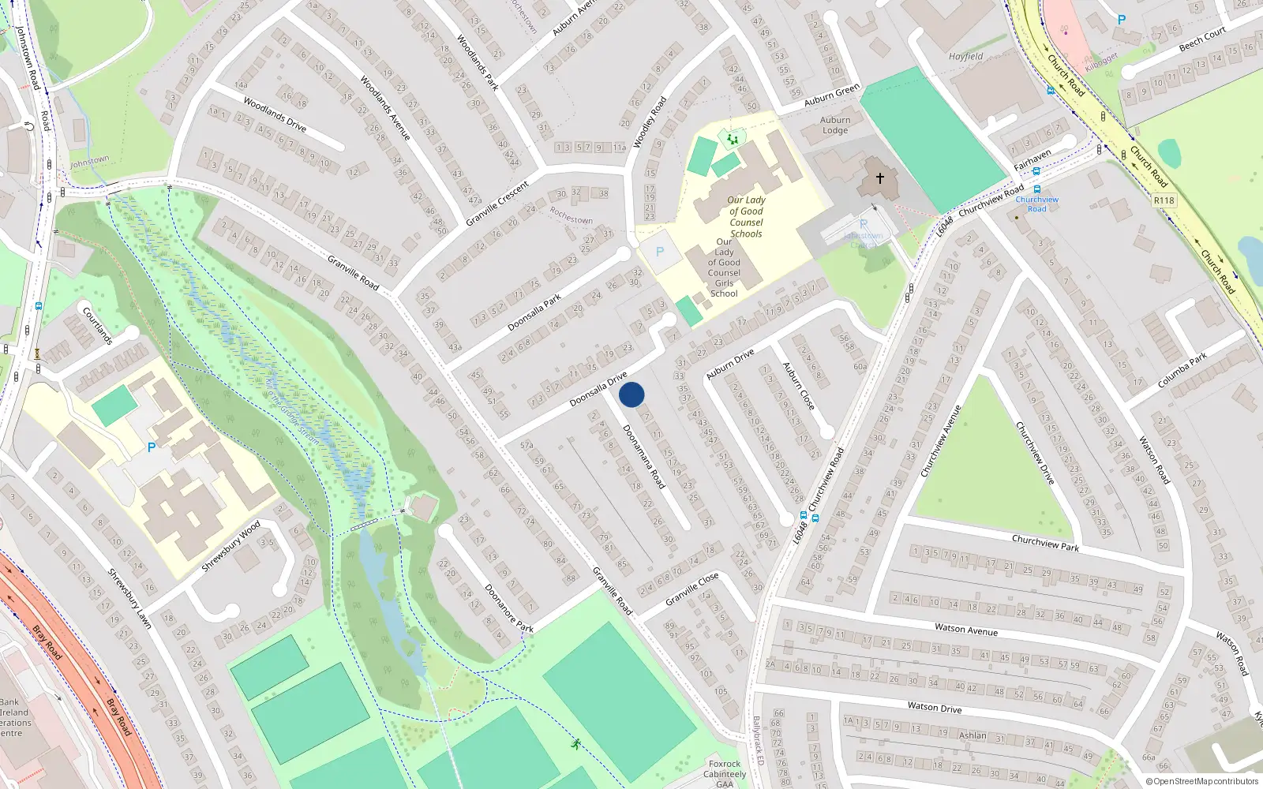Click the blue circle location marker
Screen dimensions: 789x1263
[x=631, y=394]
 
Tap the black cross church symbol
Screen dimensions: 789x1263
[x=879, y=178]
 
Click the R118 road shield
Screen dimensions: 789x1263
[x=1164, y=200]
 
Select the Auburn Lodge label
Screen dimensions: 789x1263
[x=835, y=125]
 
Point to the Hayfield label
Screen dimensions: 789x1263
[x=965, y=57]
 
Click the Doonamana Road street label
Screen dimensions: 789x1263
[x=643, y=456]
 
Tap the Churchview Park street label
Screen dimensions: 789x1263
[x=1045, y=542]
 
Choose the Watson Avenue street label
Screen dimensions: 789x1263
[x=966, y=630]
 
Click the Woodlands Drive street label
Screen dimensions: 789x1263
[x=275, y=114]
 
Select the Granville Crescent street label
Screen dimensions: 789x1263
[x=497, y=204]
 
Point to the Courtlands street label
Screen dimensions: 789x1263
[x=98, y=325]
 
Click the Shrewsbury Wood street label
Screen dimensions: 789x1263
[x=230, y=546]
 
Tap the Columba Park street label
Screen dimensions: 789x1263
[x=1182, y=370]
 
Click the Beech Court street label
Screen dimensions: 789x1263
[x=1202, y=39]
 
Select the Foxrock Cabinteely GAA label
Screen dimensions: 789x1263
[x=725, y=774]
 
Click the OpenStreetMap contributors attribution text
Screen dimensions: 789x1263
[x=1201, y=781]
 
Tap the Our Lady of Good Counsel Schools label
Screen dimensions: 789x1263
[x=746, y=217]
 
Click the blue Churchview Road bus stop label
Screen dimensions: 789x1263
[x=1037, y=204]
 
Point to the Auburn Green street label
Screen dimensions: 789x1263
[x=832, y=95]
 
